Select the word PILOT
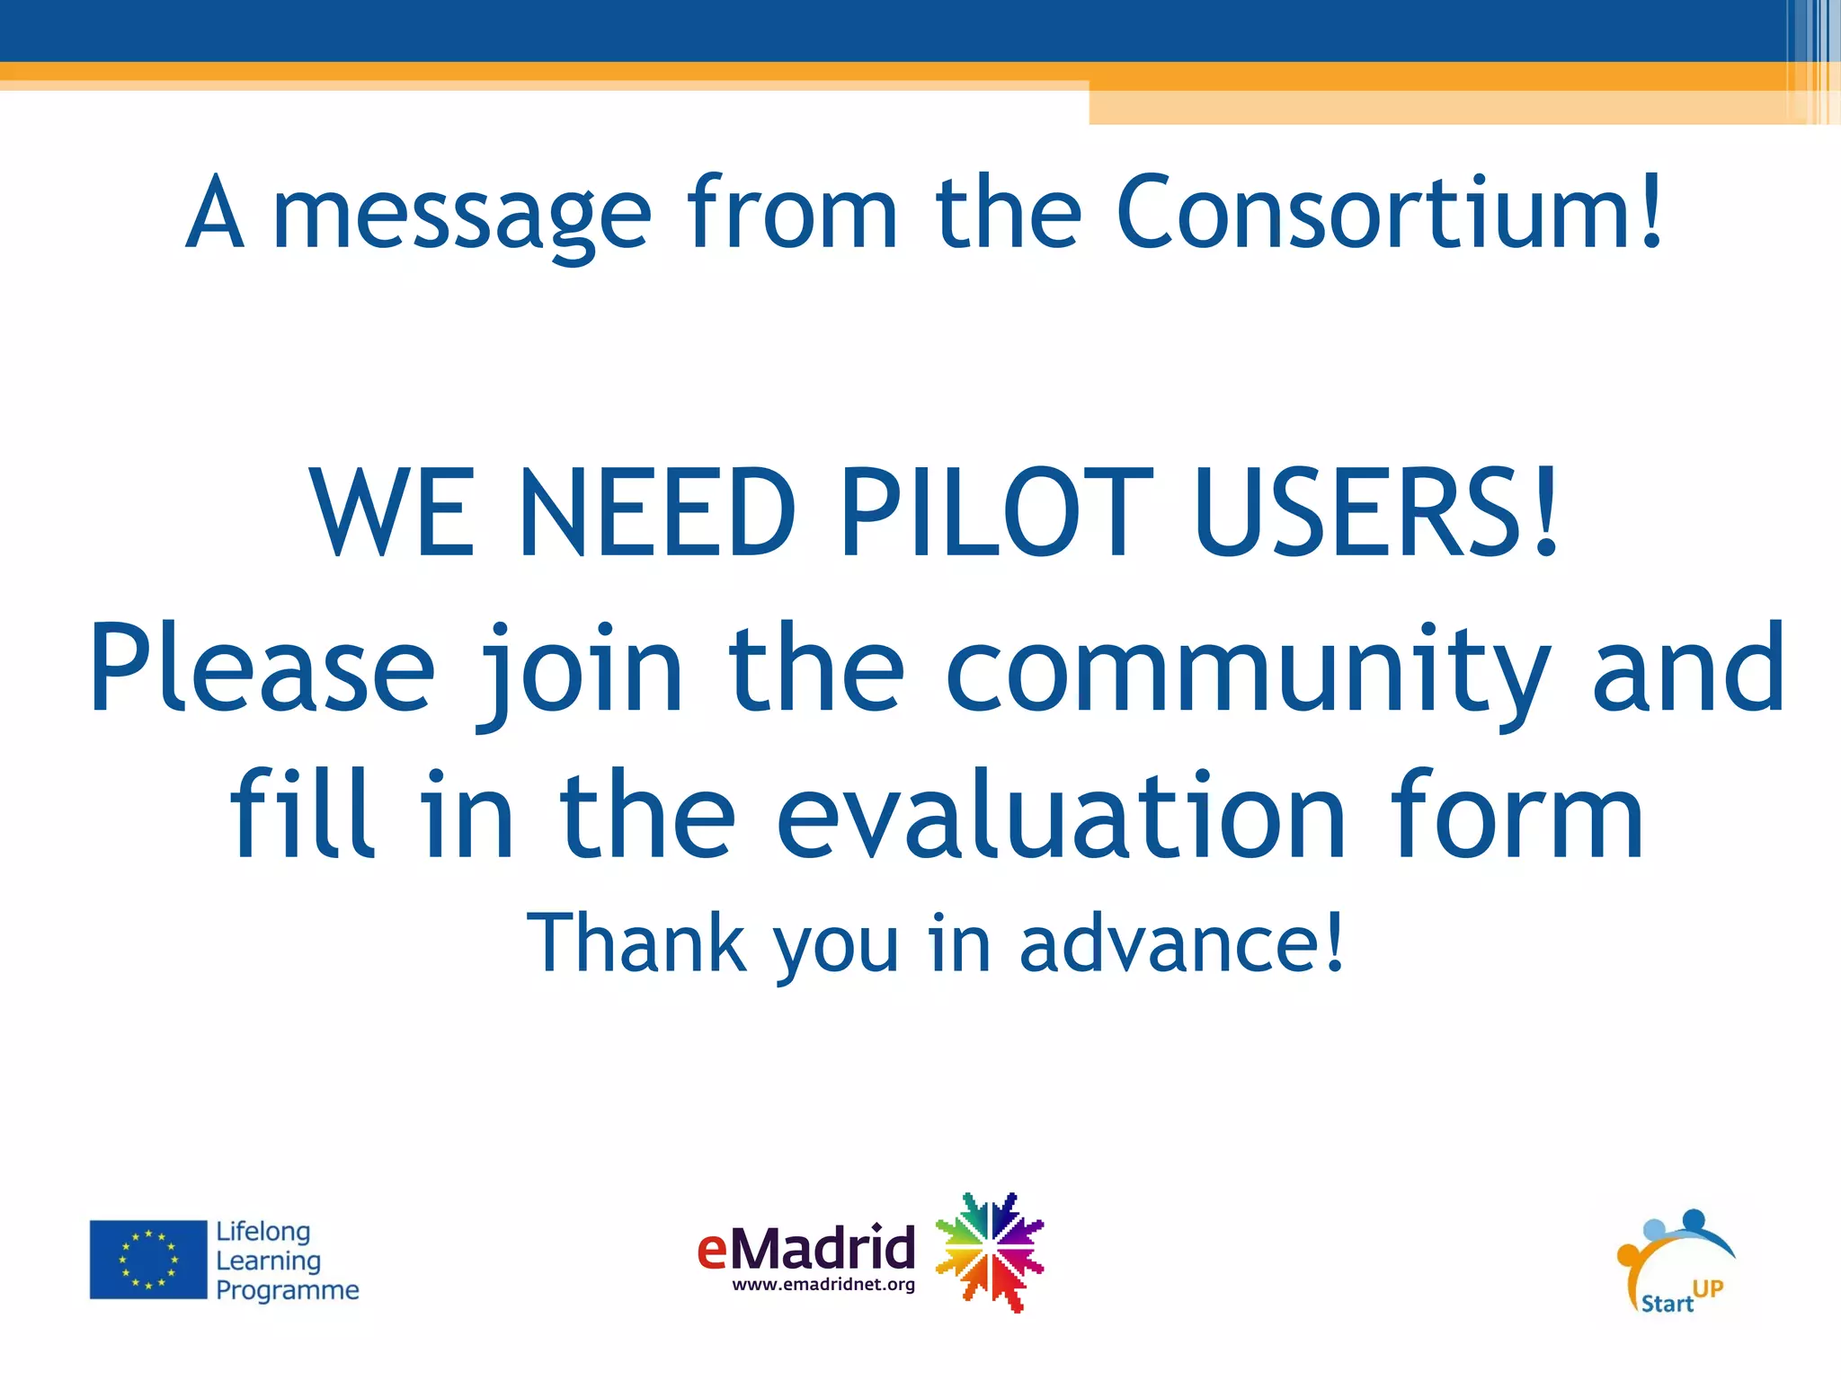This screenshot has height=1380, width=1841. pos(996,513)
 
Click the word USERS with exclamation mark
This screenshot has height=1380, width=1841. pos(1377,513)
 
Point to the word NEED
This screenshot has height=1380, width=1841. pos(657,513)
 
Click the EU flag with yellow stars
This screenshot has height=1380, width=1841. pos(148,1260)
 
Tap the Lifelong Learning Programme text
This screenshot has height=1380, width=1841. pos(286,1261)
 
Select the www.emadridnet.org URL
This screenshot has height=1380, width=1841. pos(823,1285)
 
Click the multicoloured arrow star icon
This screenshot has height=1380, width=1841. pos(990,1252)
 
